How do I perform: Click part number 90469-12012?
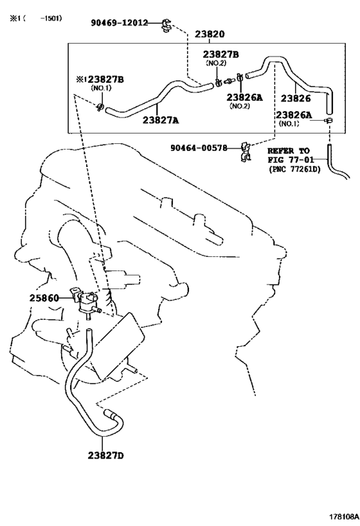(x=119, y=23)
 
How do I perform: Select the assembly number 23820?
(x=210, y=34)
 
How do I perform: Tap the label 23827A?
(x=161, y=119)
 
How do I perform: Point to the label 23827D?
(x=106, y=455)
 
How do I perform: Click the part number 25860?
(x=44, y=298)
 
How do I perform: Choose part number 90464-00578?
(x=199, y=148)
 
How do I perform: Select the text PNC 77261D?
(x=294, y=170)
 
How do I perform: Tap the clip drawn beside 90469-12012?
(x=166, y=25)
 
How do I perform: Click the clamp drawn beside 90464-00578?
(x=246, y=152)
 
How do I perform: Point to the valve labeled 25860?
(x=84, y=300)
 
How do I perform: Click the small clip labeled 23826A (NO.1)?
(x=328, y=120)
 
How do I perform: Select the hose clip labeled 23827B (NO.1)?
(x=100, y=107)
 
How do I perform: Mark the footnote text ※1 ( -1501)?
(x=35, y=18)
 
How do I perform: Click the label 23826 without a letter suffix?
(x=296, y=98)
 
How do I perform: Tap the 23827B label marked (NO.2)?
(x=221, y=55)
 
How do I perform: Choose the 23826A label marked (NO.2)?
(x=244, y=97)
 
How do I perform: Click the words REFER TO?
(x=289, y=151)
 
